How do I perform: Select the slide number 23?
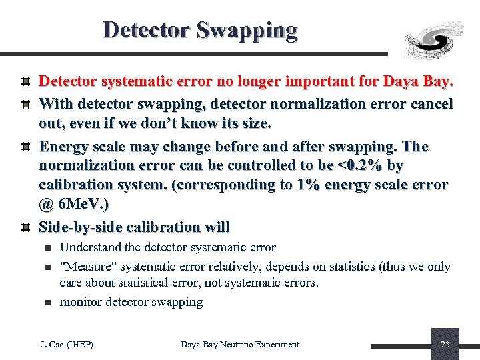click(445, 344)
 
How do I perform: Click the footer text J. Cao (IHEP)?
click(67, 345)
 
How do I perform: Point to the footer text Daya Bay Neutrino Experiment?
click(240, 345)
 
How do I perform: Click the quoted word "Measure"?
click(85, 267)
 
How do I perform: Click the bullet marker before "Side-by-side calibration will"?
click(24, 227)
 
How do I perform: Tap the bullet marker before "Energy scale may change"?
click(24, 147)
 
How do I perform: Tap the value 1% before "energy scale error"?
click(309, 185)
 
